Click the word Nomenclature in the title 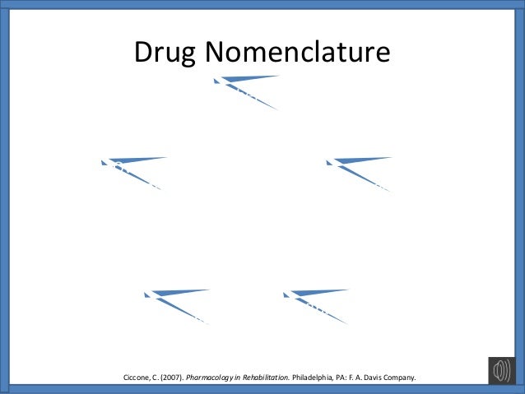click(298, 54)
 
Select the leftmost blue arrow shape click(132, 168)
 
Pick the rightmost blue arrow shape click(357, 169)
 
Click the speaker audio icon click(501, 371)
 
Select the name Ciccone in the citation click(137, 378)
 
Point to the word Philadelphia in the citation click(315, 378)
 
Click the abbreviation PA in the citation click(346, 378)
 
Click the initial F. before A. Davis click(358, 378)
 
